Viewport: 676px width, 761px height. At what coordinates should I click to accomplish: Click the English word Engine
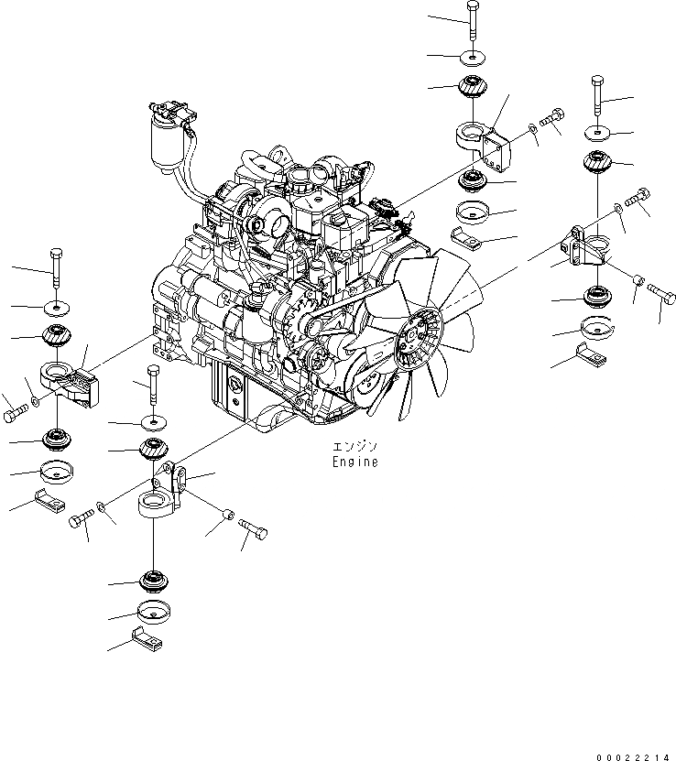354,462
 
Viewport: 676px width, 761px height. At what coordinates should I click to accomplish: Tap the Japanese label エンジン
354,447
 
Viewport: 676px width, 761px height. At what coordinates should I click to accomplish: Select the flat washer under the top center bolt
471,59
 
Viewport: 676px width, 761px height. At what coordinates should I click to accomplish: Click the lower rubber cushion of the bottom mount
152,581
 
